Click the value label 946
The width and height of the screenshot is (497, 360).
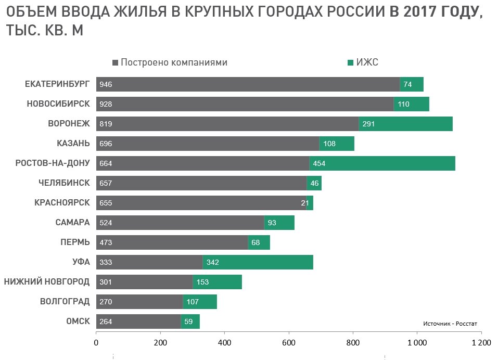tap(106, 84)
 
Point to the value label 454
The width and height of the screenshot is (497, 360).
tap(319, 163)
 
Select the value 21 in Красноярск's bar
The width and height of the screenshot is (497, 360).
tap(305, 203)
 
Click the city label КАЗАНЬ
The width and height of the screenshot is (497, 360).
tap(73, 144)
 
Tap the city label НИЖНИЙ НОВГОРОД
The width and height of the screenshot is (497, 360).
tap(47, 282)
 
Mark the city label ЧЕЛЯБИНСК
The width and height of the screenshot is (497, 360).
tap(64, 183)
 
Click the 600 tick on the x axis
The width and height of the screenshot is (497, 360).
tap(289, 343)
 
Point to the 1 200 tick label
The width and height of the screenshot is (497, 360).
tap(481, 343)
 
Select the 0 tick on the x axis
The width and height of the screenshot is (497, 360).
tap(96, 343)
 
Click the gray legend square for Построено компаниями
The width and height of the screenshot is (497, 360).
tap(116, 63)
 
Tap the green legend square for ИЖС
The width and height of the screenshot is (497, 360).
tap(351, 63)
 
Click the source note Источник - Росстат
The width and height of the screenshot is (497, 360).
tap(450, 324)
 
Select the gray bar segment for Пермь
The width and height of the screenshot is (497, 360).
tap(172, 242)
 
